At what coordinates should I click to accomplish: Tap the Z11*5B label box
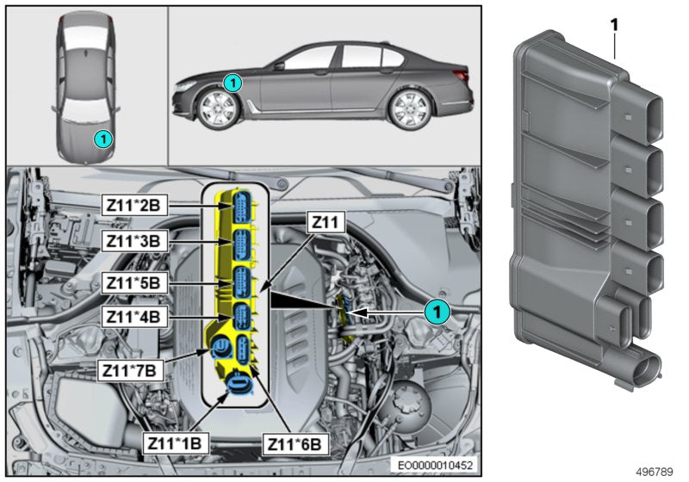pyautogui.click(x=135, y=281)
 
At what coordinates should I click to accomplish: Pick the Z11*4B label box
pyautogui.click(x=135, y=316)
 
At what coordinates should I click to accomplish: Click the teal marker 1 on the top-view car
pyautogui.click(x=101, y=138)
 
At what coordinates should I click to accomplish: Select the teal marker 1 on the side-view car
pyautogui.click(x=231, y=83)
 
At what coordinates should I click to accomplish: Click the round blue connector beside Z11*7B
pyautogui.click(x=220, y=349)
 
